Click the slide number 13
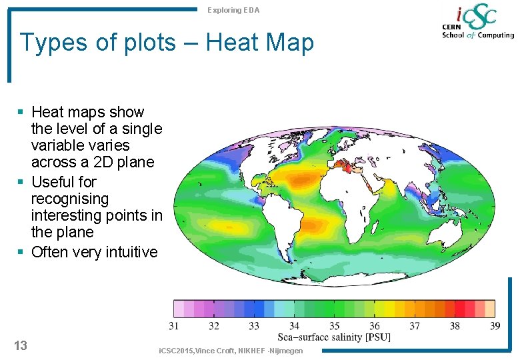coord(21,345)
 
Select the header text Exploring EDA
coord(233,10)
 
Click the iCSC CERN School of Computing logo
coord(477,23)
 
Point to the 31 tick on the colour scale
coord(174,326)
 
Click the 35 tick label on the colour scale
coord(334,326)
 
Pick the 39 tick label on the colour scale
coord(494,326)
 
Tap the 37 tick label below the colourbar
coord(414,326)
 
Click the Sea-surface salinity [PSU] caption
coord(334,337)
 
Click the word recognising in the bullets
coord(70,199)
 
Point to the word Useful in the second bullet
coord(54,182)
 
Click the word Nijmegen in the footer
coord(287,351)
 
